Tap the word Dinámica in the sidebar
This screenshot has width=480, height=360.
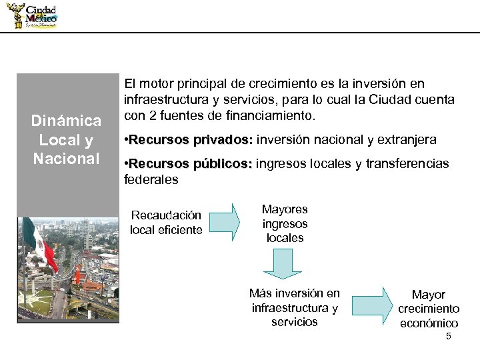pyautogui.click(x=66, y=121)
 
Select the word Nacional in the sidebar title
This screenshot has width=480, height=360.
pyautogui.click(x=66, y=159)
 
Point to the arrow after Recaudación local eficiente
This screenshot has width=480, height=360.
pyautogui.click(x=227, y=221)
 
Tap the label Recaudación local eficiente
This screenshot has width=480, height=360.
pyautogui.click(x=166, y=223)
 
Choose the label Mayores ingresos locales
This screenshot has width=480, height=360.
pyautogui.click(x=285, y=224)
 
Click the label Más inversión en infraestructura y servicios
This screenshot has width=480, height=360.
pyautogui.click(x=294, y=307)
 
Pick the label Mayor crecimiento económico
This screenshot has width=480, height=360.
pyautogui.click(x=429, y=309)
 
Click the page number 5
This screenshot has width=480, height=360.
pyautogui.click(x=449, y=336)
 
